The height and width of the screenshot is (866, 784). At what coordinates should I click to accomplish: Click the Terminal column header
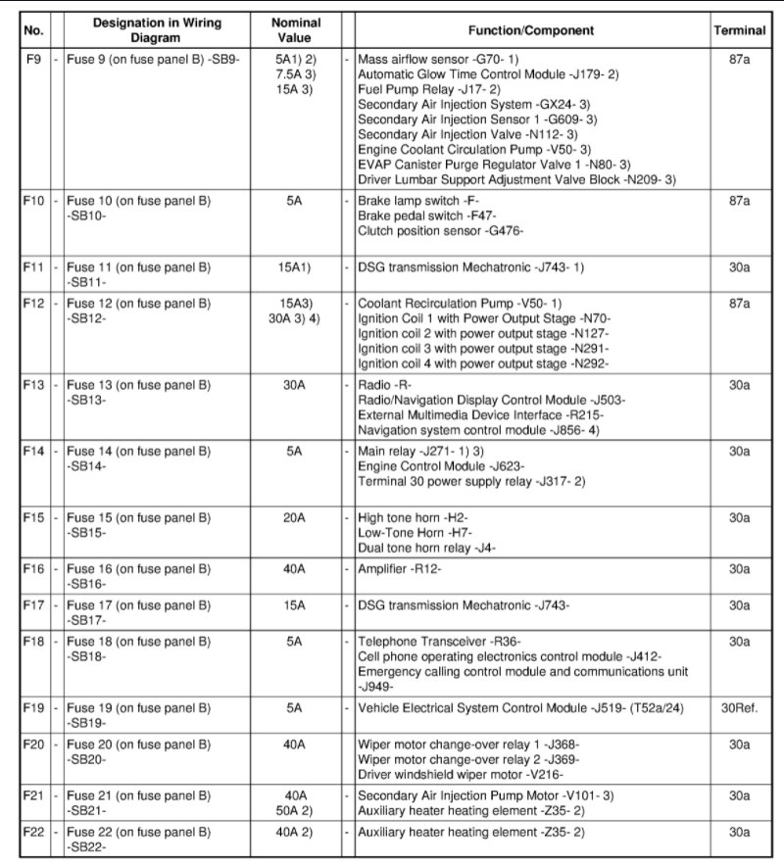click(740, 30)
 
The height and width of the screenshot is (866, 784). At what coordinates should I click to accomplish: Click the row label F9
click(33, 59)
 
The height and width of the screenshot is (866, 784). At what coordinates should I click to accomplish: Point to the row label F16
click(33, 567)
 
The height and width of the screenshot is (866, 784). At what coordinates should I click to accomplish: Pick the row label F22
click(33, 832)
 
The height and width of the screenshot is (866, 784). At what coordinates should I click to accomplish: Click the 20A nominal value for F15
click(294, 516)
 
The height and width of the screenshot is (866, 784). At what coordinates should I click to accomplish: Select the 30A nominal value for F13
click(294, 385)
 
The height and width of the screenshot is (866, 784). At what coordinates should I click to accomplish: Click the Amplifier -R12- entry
click(400, 567)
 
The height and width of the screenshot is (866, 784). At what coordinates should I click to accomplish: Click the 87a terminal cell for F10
click(740, 200)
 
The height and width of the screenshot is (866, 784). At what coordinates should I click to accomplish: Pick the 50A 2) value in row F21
click(294, 810)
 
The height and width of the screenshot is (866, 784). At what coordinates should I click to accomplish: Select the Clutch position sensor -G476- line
click(442, 230)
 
